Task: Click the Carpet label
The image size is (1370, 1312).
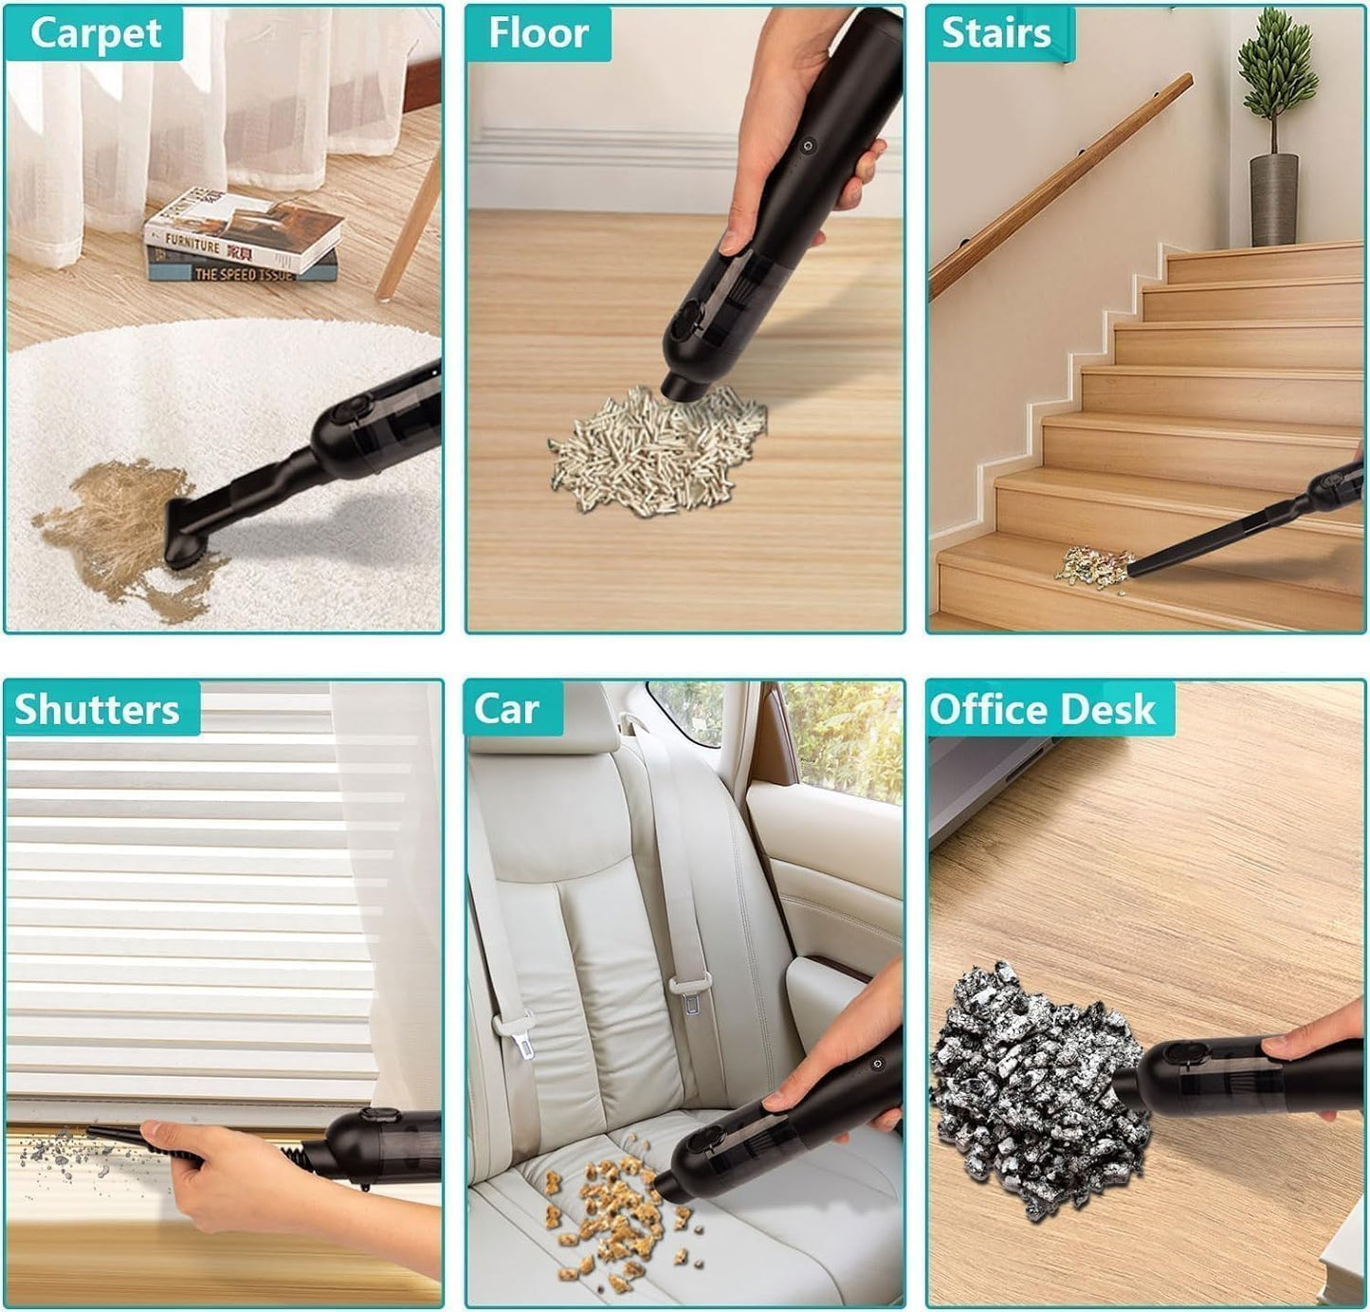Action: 95,34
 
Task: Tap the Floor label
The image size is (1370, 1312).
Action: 539,34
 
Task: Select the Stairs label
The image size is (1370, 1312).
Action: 996,34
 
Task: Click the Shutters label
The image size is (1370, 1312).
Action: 98,709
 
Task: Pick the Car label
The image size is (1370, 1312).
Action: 507,709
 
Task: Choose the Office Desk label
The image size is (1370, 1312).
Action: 1043,709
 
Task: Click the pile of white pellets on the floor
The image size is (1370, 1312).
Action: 654,450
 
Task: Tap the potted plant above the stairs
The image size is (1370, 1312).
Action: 1275,133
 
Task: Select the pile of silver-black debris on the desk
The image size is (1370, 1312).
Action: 1033,1090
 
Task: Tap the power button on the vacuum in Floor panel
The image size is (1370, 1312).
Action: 807,147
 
